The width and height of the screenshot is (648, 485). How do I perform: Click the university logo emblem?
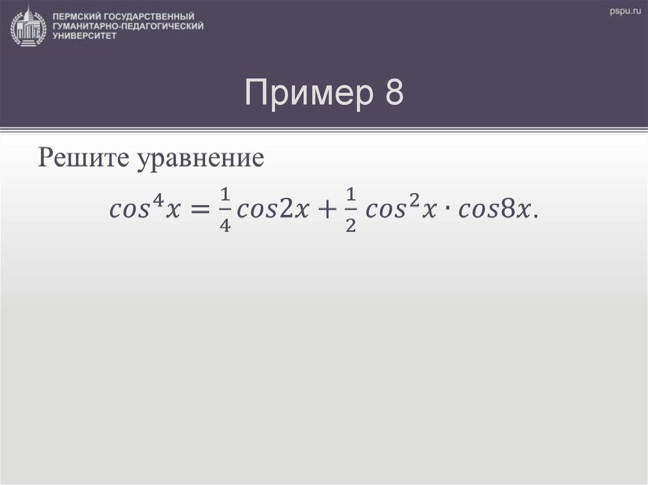[28, 26]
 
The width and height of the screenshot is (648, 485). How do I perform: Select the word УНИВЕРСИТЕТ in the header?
[85, 37]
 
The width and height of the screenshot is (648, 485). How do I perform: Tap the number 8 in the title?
[393, 94]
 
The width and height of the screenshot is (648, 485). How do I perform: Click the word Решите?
[83, 157]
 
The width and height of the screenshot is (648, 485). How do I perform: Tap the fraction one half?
[350, 209]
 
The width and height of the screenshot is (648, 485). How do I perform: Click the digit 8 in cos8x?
[508, 209]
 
